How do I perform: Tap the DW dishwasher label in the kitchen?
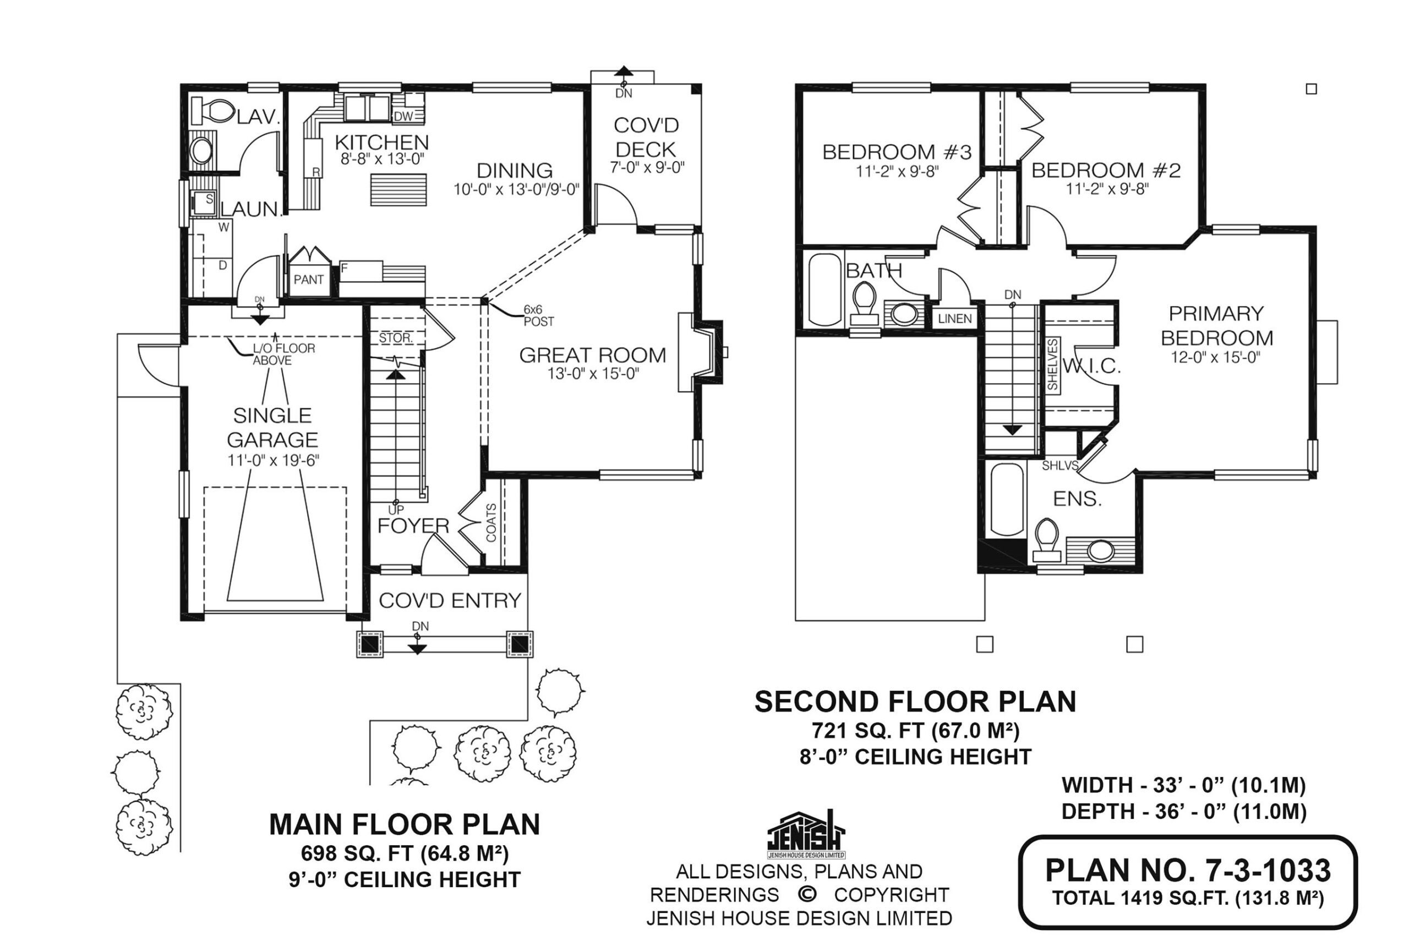click(403, 116)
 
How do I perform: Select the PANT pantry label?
click(309, 280)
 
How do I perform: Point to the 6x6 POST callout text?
click(538, 316)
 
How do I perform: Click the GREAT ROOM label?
click(592, 355)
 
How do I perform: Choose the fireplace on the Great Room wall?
click(701, 352)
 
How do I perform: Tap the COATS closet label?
click(491, 523)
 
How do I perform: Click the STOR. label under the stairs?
click(396, 338)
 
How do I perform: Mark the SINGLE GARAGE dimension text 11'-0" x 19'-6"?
click(273, 461)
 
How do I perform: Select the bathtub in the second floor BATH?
click(824, 290)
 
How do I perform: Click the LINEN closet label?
click(955, 318)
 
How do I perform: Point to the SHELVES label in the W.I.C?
click(1053, 364)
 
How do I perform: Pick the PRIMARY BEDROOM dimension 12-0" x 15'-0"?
click(1215, 358)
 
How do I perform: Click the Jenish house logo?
click(806, 834)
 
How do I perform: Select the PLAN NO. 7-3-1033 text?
click(1187, 871)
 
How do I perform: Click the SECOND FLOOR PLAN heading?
click(915, 702)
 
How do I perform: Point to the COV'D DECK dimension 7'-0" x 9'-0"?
click(647, 167)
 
